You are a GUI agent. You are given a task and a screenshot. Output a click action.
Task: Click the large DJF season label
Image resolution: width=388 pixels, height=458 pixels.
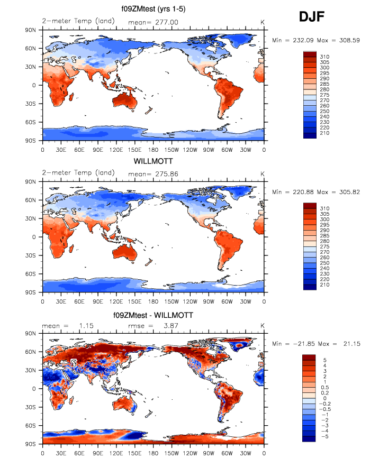(x=311, y=17)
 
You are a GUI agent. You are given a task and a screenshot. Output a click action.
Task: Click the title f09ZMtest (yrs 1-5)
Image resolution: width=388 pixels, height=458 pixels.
(x=153, y=9)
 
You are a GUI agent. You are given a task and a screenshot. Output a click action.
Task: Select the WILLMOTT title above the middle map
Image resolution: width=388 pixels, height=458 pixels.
(x=153, y=161)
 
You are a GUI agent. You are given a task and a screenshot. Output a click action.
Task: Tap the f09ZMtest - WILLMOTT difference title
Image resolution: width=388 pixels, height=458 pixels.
(x=153, y=315)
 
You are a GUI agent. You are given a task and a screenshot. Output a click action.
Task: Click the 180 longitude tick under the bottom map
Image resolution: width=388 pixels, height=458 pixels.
(x=153, y=453)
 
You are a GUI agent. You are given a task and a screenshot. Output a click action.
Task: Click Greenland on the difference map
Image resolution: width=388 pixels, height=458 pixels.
(x=241, y=344)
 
